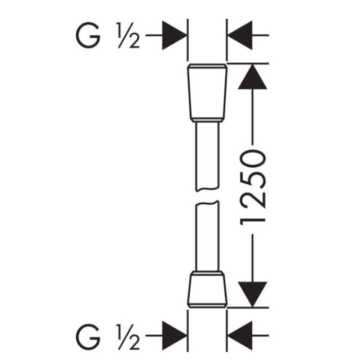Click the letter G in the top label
(x=88, y=35)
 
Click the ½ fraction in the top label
(x=129, y=35)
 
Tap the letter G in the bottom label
(x=88, y=337)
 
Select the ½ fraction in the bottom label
(x=129, y=337)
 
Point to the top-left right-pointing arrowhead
(x=175, y=35)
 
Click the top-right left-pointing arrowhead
(x=240, y=35)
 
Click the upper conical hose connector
(x=207, y=92)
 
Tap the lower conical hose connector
(x=207, y=289)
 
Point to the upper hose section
(x=207, y=157)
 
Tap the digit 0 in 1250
(x=253, y=159)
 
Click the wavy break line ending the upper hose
(x=207, y=190)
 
